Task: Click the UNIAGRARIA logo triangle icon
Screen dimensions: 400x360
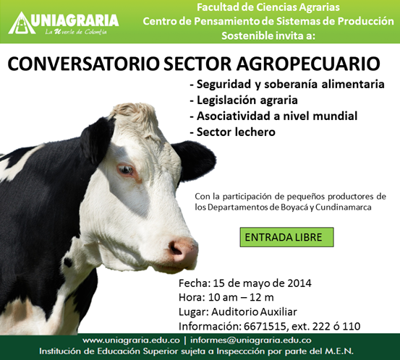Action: [22, 23]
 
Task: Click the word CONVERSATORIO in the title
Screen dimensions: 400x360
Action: [83, 64]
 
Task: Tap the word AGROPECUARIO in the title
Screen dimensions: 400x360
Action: [308, 64]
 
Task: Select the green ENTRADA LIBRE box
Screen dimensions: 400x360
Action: [286, 237]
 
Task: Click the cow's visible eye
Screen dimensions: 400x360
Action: [126, 170]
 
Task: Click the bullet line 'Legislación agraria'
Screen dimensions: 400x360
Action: [244, 100]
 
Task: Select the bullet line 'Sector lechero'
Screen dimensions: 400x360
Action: [233, 132]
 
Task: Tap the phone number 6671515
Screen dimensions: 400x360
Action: [265, 326]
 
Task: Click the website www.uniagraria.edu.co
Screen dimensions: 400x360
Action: [131, 340]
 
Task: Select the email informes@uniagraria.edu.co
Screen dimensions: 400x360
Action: [251, 340]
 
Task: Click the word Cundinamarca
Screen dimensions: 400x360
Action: [344, 207]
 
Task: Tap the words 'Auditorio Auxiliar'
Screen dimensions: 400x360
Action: [254, 312]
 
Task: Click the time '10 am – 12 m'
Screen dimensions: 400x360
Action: [241, 298]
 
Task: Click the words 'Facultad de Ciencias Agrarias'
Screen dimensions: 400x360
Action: [268, 7]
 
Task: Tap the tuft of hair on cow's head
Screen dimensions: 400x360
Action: [135, 112]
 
